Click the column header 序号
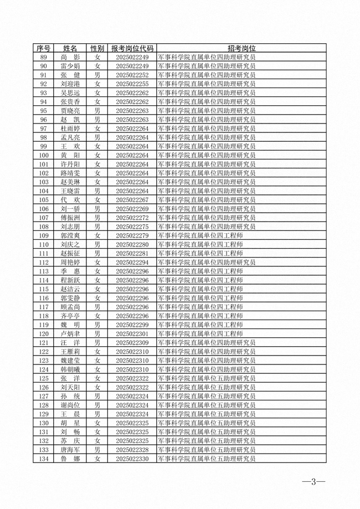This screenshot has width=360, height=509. coord(44,49)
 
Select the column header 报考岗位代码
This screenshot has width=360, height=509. coord(132,49)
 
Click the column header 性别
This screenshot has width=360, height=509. coord(97,49)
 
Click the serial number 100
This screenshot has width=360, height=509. coord(44,156)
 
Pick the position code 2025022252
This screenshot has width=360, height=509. coord(132,75)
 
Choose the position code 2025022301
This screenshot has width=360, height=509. coord(132,334)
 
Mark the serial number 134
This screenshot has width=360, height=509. coord(44,459)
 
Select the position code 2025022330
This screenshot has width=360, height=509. coord(132,459)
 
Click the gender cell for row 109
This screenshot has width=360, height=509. coord(97,236)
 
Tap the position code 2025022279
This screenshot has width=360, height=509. coord(132,236)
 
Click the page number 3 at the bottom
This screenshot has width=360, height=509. coord(313,481)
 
